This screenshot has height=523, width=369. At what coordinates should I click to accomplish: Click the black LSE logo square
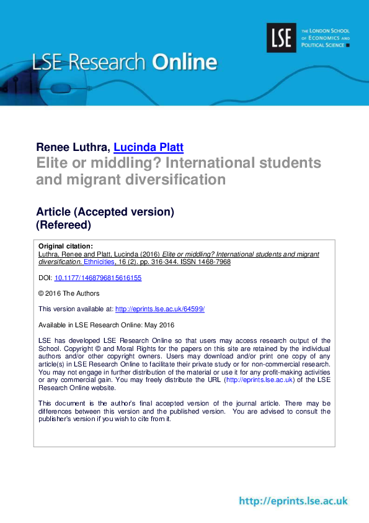pos(281,37)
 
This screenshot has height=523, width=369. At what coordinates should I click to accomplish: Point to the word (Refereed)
pos(63,225)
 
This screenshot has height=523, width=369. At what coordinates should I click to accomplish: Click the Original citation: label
pos(66,246)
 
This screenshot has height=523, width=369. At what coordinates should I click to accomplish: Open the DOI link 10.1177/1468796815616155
pos(98,278)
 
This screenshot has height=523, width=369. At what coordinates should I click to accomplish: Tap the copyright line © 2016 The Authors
pos(69,293)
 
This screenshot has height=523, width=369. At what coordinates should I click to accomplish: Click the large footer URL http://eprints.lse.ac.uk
pos(293,501)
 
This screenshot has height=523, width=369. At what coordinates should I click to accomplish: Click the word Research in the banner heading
pos(110,63)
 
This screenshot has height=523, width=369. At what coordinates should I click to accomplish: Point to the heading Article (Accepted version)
pos(105,212)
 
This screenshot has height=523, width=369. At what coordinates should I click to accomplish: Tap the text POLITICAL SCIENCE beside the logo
pos(323,45)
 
